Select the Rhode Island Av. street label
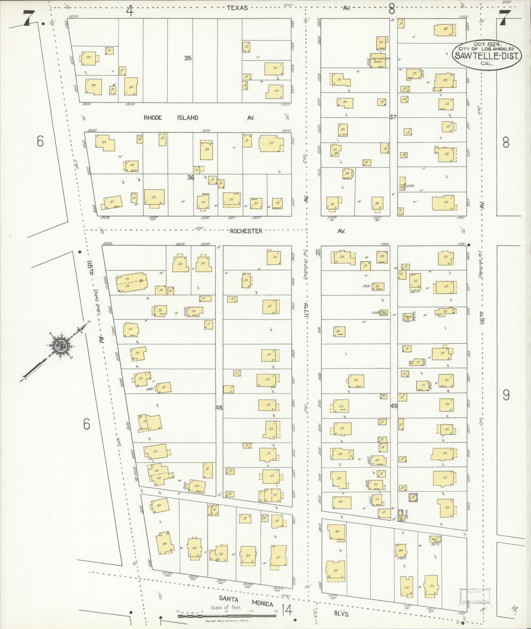171,118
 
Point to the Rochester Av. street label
246,231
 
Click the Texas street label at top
237,7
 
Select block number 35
188,58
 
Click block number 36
190,178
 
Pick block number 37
393,117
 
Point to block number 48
219,407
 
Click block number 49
394,406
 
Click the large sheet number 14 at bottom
287,610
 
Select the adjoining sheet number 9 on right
506,395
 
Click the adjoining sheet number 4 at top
129,11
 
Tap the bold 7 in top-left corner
27,18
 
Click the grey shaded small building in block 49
413,498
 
